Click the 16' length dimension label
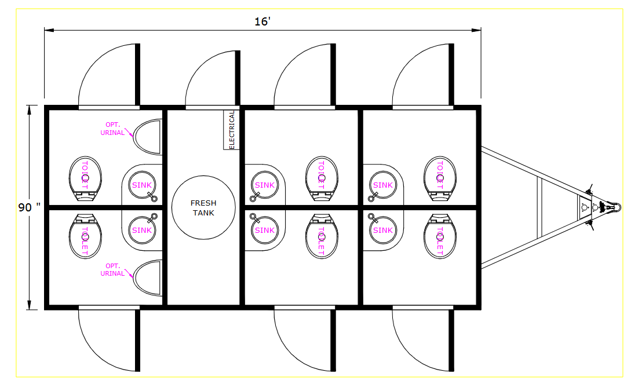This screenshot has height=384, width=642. tap(262, 21)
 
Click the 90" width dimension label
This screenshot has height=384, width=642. tap(30, 207)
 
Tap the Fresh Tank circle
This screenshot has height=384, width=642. tap(203, 207)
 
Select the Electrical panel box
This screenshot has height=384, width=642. tap(231, 130)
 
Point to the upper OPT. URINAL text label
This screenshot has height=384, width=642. tap(112, 129)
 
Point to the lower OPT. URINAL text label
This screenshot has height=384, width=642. tap(112, 269)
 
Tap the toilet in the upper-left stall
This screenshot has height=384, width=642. tap(85, 178)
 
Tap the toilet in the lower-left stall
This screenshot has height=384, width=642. tap(85, 236)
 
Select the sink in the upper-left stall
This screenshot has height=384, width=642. tap(142, 185)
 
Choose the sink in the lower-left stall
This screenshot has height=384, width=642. tap(142, 230)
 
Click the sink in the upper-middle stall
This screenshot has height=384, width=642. tap(264, 185)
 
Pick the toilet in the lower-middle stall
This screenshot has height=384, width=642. tap(322, 236)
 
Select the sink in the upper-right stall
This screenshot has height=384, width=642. tap(383, 185)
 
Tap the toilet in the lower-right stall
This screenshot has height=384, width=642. tap(440, 236)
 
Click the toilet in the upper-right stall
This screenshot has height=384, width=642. tap(440, 178)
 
